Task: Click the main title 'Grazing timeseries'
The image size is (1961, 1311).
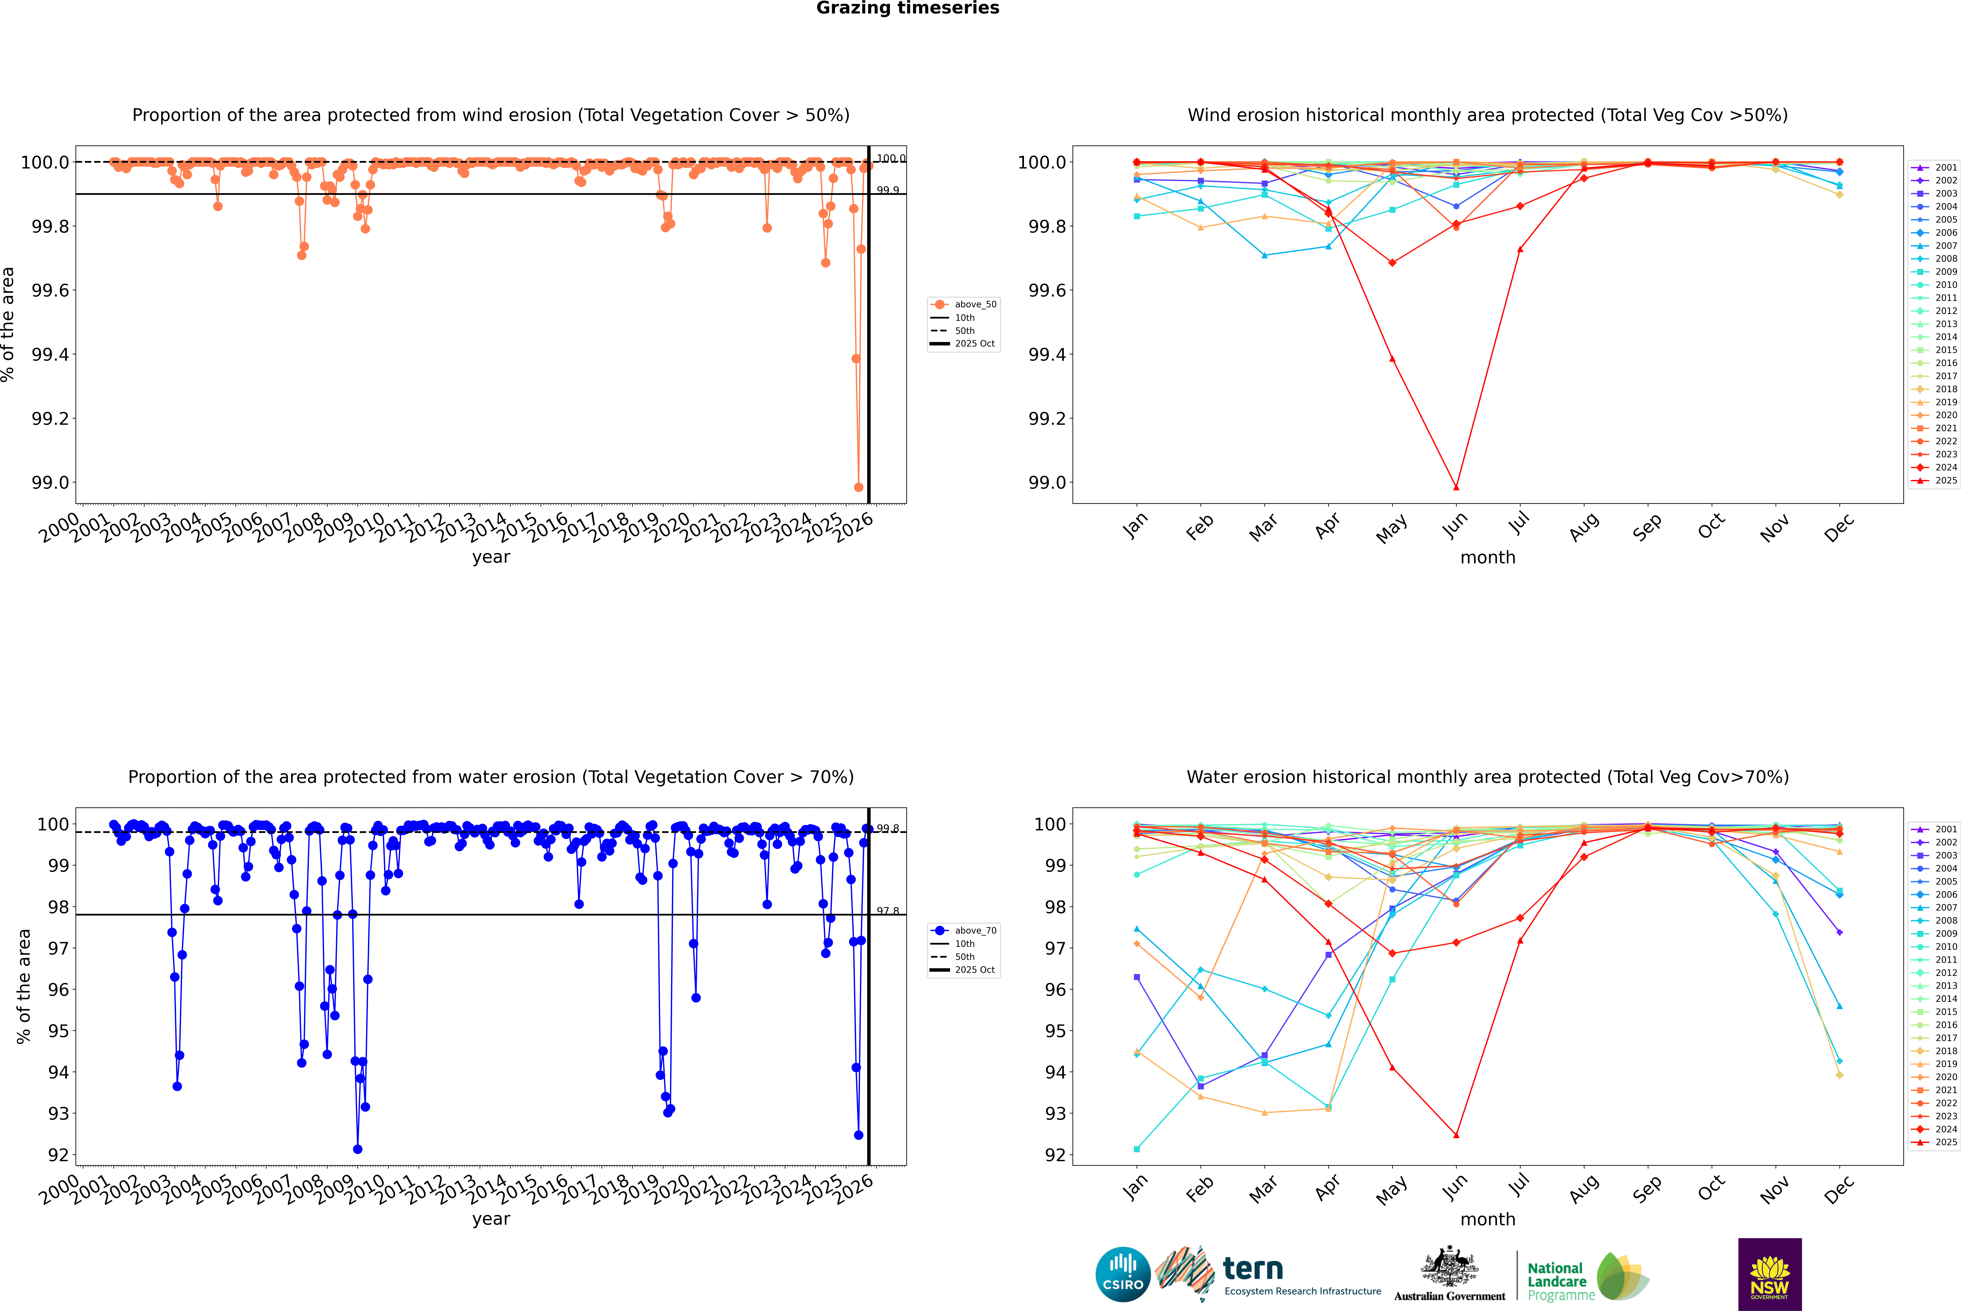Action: pyautogui.click(x=908, y=8)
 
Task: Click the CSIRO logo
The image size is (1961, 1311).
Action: pyautogui.click(x=1123, y=1274)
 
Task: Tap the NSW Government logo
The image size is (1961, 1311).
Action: pyautogui.click(x=1770, y=1274)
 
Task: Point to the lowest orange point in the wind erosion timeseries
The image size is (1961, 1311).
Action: pyautogui.click(x=858, y=487)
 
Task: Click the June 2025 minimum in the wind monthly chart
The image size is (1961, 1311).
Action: pyautogui.click(x=1456, y=487)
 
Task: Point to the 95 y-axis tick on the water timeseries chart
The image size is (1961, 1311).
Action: pyautogui.click(x=59, y=1031)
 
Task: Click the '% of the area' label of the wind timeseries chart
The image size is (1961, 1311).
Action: pyautogui.click(x=8, y=324)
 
